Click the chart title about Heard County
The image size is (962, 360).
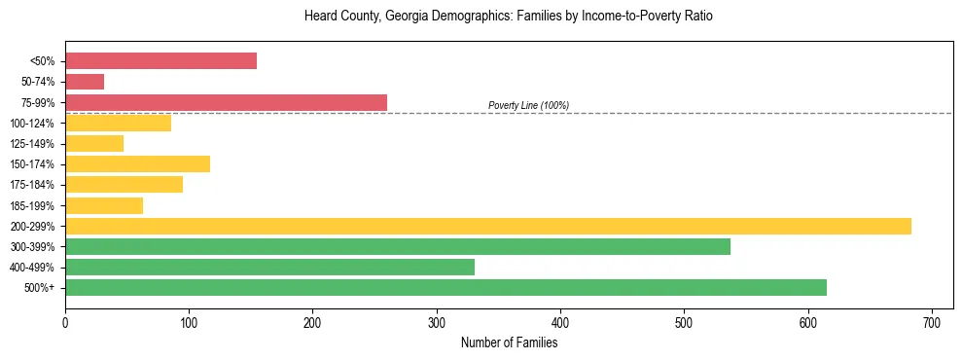click(509, 17)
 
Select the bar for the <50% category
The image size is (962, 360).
click(160, 61)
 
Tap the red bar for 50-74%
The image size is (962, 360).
click(85, 82)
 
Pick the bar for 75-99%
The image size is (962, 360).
click(226, 102)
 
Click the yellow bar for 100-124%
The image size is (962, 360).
click(118, 123)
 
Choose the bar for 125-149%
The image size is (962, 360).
click(94, 144)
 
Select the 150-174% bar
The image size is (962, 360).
click(137, 164)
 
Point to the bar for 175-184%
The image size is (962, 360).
click(124, 185)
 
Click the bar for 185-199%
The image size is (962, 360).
click(104, 205)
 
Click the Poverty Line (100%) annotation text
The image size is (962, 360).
click(528, 105)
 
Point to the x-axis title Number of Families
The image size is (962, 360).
click(509, 342)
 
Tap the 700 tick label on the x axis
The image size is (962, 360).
click(932, 322)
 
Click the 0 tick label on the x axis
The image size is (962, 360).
click(65, 322)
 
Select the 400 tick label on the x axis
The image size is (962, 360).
click(560, 322)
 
